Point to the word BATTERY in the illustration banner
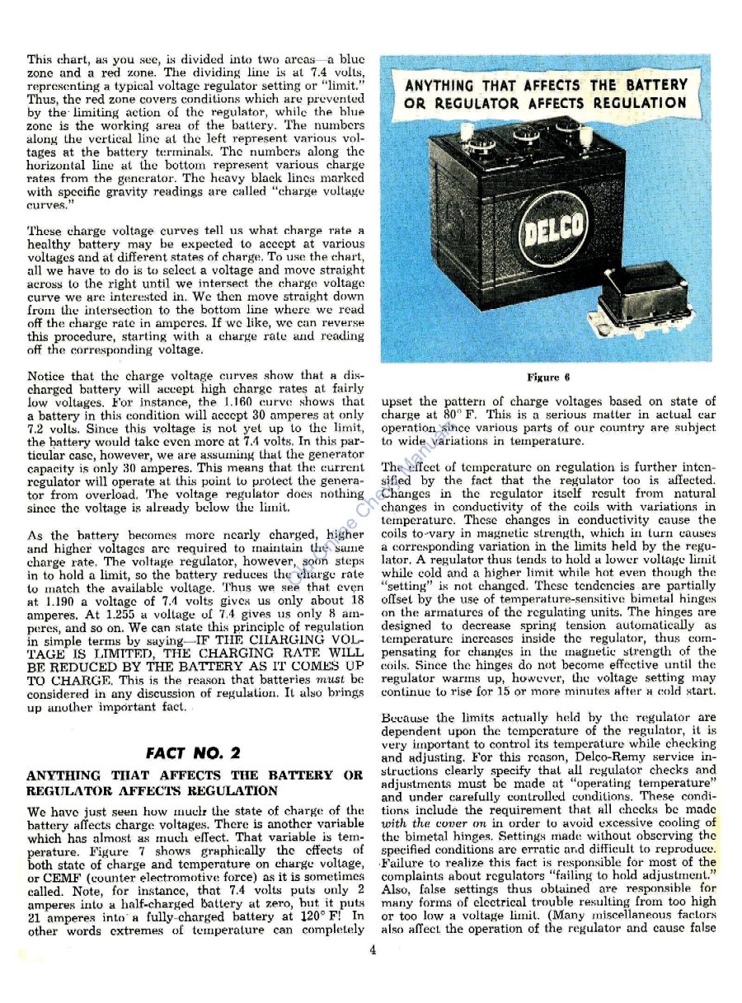[649, 85]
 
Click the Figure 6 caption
[548, 378]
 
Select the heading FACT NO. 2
[193, 752]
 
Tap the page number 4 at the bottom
[373, 949]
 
